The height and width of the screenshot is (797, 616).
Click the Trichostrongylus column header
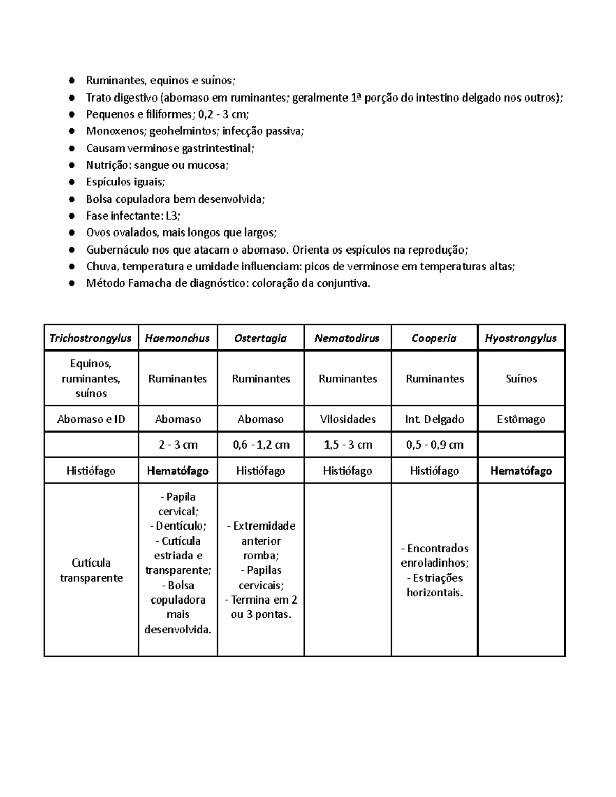90,338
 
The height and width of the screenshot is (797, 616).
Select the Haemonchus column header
178,338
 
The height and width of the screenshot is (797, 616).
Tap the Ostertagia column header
260,338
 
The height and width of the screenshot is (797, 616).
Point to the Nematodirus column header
347,338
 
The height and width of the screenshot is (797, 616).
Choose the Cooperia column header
434,338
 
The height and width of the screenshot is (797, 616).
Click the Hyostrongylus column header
521,338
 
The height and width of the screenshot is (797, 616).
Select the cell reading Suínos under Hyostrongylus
521,379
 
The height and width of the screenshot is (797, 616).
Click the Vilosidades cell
348,419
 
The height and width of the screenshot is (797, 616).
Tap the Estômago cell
521,419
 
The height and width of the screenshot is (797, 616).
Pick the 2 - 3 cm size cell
178,445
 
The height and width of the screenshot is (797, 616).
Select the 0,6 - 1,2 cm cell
261,445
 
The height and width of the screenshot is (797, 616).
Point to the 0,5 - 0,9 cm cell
434,445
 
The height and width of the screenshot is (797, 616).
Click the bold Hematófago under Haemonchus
178,471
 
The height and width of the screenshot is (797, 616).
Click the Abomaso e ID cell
91,419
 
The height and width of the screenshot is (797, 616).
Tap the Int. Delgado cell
434,419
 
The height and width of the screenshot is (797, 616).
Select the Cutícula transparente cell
91,570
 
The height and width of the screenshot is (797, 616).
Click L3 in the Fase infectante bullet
170,216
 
